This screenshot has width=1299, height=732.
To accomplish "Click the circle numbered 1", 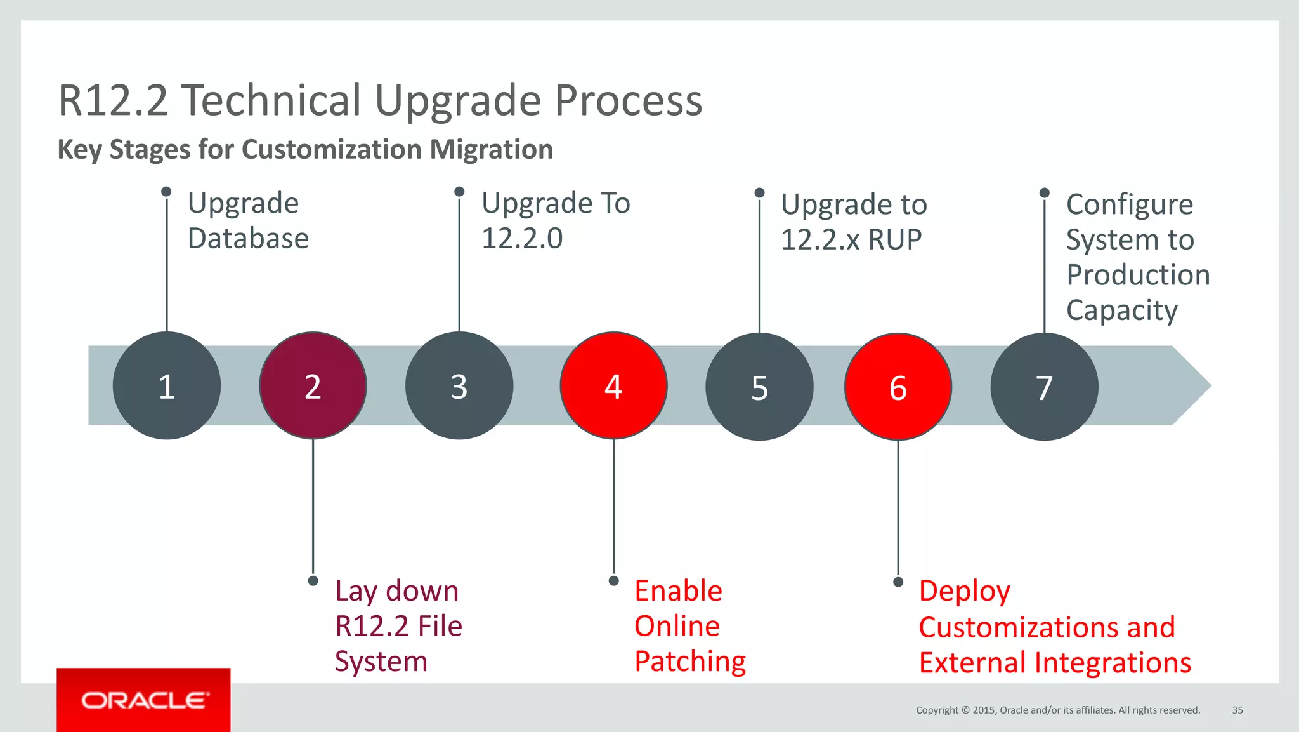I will pyautogui.click(x=166, y=386).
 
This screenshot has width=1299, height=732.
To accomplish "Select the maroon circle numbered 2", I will pyautogui.click(x=313, y=386).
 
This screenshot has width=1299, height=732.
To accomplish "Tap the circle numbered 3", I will pyautogui.click(x=459, y=386).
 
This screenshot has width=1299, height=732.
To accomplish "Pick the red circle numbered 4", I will pyautogui.click(x=613, y=386).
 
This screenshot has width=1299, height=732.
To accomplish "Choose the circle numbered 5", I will pyautogui.click(x=759, y=387).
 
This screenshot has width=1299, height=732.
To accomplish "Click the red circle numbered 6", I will pyautogui.click(x=898, y=387).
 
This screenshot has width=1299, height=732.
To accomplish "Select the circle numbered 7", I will pyautogui.click(x=1044, y=387).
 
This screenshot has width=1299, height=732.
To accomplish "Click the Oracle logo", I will pyautogui.click(x=144, y=700).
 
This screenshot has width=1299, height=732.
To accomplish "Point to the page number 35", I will pyautogui.click(x=1237, y=710).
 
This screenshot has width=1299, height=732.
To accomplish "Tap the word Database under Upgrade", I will pyautogui.click(x=248, y=239).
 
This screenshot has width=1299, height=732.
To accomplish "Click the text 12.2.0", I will pyautogui.click(x=522, y=239).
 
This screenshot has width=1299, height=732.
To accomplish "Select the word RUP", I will pyautogui.click(x=894, y=240).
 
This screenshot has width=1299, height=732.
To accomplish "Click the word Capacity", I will pyautogui.click(x=1121, y=310).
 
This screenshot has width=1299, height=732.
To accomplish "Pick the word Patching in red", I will pyautogui.click(x=690, y=662).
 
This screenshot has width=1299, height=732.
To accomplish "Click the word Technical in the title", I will pyautogui.click(x=271, y=100).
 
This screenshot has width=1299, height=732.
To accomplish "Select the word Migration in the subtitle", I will pyautogui.click(x=491, y=150).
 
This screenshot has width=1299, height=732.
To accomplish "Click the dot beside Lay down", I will pyautogui.click(x=313, y=581).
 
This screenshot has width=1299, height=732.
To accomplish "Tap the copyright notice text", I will pyautogui.click(x=1057, y=710).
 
